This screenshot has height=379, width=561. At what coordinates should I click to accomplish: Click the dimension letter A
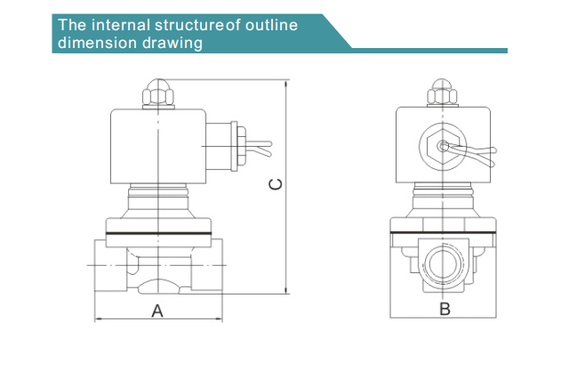pos(157,311)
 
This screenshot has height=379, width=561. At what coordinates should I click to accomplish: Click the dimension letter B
pos(445,309)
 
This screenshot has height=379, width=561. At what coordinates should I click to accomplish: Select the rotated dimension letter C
pos(275,184)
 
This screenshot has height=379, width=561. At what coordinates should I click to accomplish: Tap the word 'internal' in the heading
pos(121,25)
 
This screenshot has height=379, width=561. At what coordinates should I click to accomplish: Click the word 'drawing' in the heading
pos(172,43)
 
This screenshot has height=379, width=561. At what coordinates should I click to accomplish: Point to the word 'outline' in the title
pos(271,25)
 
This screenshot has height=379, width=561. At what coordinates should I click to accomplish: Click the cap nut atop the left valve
pos(158,93)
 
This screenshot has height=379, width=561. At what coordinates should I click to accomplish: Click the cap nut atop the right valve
pos(443,93)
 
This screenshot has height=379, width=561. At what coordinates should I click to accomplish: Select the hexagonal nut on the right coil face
pos(443,147)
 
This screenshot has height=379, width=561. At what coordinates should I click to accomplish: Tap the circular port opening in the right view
pos(443,264)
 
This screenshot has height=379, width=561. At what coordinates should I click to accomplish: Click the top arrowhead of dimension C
pos(285,84)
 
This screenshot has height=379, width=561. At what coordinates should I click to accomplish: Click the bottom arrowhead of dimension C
pos(285,290)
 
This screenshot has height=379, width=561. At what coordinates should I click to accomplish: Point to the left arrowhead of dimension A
pos(99,319)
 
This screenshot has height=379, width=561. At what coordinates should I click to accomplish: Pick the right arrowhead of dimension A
pos(218,319)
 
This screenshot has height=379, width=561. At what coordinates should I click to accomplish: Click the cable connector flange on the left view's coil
pos(235,146)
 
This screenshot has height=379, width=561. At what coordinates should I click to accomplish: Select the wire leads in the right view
pos(472,153)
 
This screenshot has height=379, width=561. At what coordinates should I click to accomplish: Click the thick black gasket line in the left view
pos(159,234)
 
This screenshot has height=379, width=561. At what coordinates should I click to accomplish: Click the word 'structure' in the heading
pos(188,25)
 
